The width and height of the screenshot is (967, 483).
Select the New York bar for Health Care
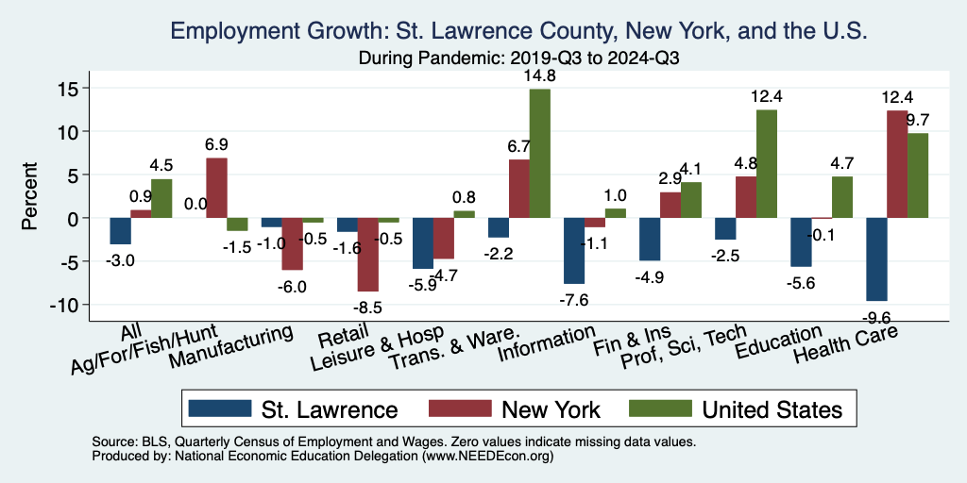(x=896, y=164)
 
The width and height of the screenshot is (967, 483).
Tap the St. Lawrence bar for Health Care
(x=875, y=258)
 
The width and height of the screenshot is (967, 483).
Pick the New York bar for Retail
(x=367, y=255)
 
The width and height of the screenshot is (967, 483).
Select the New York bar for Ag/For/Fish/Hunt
(x=216, y=188)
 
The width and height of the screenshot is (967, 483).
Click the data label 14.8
(x=540, y=75)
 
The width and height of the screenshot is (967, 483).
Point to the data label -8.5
(x=368, y=307)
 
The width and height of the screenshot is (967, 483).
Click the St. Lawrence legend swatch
(x=220, y=409)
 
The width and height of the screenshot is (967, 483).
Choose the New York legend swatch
(x=461, y=409)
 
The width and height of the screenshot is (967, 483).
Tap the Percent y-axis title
(x=30, y=196)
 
